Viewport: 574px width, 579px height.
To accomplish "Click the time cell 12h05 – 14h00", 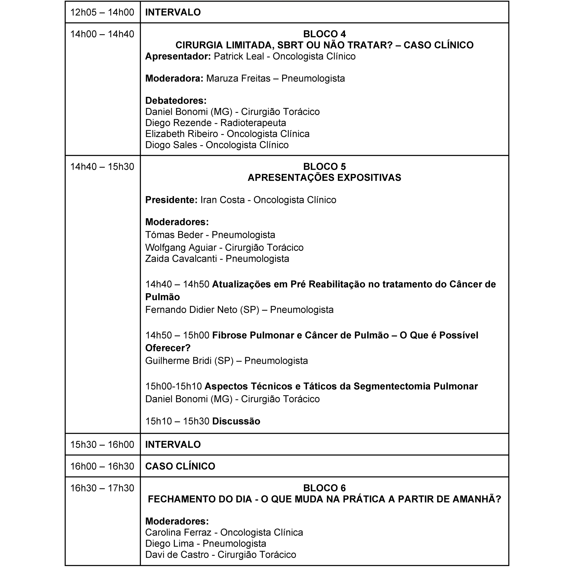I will click(x=102, y=12).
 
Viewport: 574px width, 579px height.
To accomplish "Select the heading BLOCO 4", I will click(x=324, y=34).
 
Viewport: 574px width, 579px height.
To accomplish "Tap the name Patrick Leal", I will click(x=239, y=56).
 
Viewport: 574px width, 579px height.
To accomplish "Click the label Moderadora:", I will click(x=174, y=78).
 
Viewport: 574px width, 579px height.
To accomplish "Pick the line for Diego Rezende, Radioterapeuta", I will click(x=215, y=123).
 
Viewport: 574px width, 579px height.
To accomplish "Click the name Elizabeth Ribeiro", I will click(x=182, y=134).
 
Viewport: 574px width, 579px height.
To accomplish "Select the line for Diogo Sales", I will click(x=217, y=145).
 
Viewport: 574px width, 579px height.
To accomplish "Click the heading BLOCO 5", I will click(x=324, y=167).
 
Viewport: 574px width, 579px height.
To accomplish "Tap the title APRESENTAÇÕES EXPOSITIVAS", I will click(x=324, y=178).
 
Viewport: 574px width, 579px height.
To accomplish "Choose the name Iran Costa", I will click(x=222, y=200).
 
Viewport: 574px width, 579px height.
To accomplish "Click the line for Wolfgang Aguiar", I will click(x=224, y=247).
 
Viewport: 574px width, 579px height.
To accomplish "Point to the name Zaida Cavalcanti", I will click(x=181, y=259).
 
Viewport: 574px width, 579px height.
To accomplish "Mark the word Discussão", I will click(x=236, y=421).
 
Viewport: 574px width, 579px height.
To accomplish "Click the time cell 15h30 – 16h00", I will click(x=102, y=444).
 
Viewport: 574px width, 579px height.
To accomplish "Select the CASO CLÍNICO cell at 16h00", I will click(x=180, y=466).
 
